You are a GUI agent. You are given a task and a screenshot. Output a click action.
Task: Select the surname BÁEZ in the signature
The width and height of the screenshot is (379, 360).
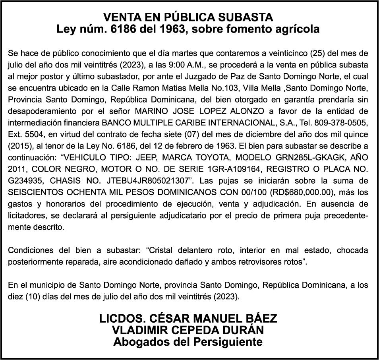(259, 319)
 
